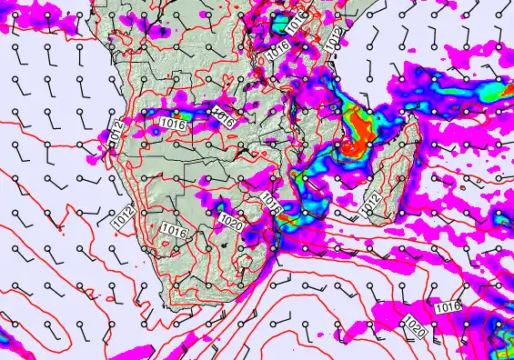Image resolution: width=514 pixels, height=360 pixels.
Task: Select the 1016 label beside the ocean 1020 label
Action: (448, 308)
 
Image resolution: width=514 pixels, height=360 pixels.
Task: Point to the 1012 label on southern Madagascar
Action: (370, 206)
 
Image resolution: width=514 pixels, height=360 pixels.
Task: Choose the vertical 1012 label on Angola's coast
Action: (116, 130)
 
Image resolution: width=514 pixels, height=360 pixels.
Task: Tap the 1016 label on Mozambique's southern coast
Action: (270, 204)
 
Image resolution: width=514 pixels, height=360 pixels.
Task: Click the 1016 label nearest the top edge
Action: (296, 24)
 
